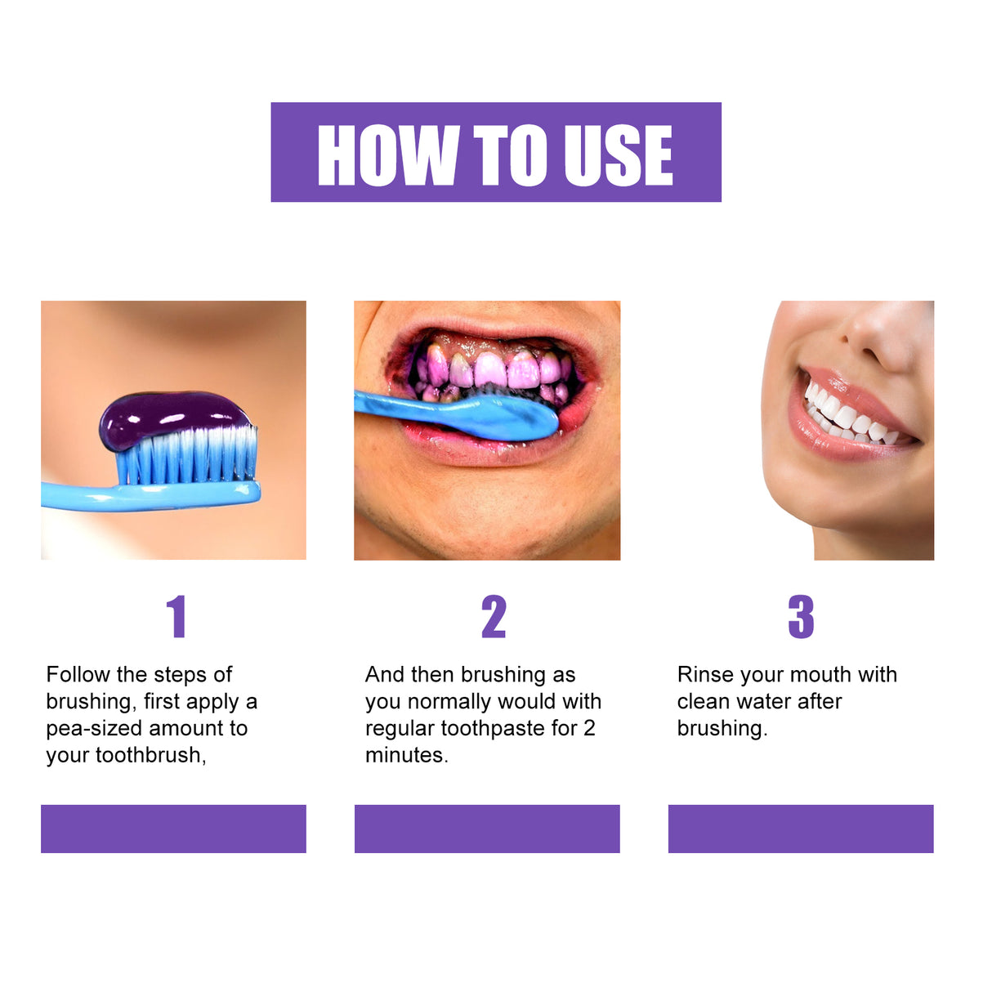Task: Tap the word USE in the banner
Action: [619, 155]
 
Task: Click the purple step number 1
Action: [177, 617]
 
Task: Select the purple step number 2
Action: [494, 617]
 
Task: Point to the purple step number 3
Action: [801, 617]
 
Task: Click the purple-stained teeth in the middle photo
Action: [491, 369]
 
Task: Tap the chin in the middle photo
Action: [490, 523]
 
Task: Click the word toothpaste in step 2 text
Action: [492, 729]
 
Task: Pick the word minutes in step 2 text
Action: [405, 756]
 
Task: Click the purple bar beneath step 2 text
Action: [487, 829]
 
